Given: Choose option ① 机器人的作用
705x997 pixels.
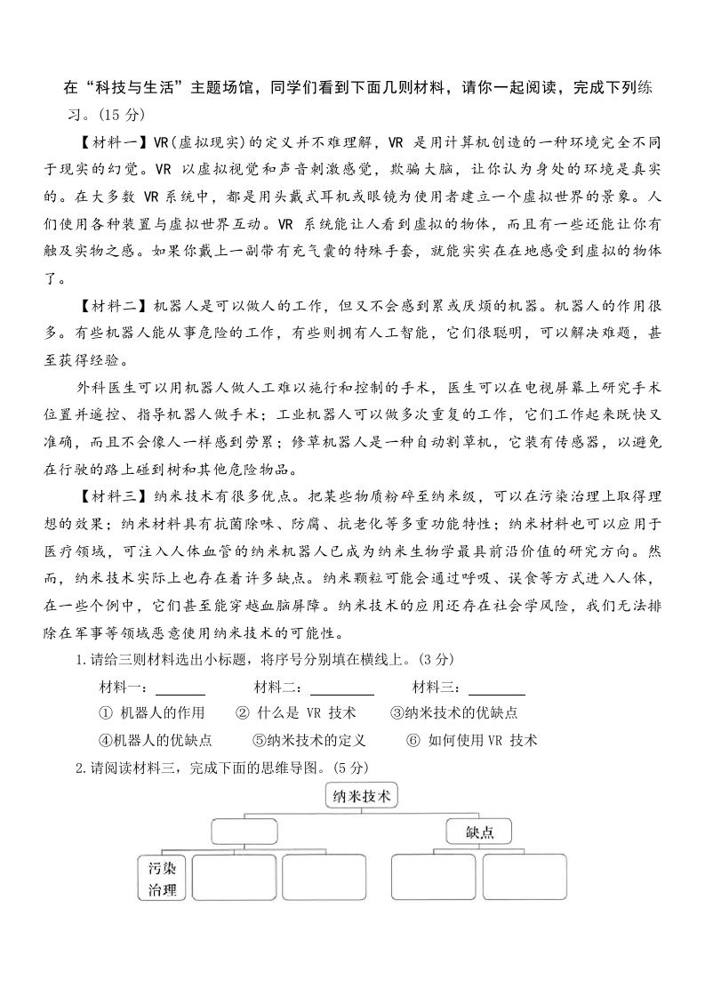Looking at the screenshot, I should pyautogui.click(x=153, y=712).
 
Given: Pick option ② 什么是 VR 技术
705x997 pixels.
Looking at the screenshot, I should pyautogui.click(x=296, y=712).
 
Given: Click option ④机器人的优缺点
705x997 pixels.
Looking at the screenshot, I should pyautogui.click(x=156, y=740).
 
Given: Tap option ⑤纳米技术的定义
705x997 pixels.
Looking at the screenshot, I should pyautogui.click(x=309, y=740).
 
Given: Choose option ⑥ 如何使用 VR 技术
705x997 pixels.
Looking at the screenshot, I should pyautogui.click(x=471, y=740).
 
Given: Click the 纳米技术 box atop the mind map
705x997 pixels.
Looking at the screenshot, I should pyautogui.click(x=360, y=797).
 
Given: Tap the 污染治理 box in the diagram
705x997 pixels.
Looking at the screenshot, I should pyautogui.click(x=162, y=878).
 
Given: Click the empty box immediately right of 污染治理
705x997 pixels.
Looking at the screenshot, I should pyautogui.click(x=234, y=878).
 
